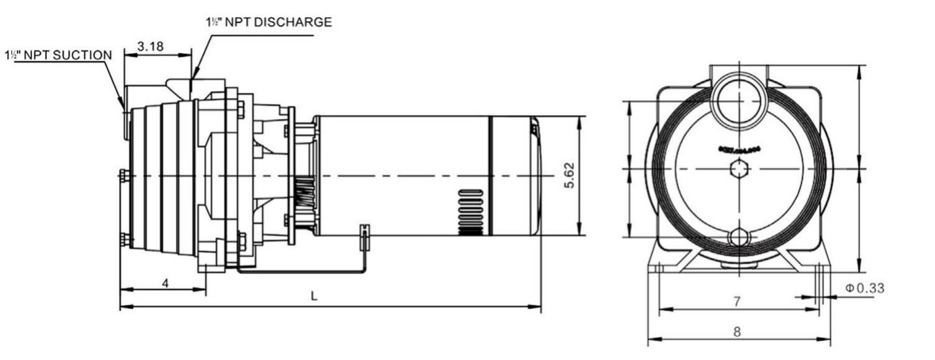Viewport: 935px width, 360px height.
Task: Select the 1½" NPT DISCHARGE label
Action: [x=268, y=22]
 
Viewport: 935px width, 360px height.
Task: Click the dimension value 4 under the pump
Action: [x=165, y=282]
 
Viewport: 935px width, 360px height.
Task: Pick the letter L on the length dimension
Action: [x=314, y=297]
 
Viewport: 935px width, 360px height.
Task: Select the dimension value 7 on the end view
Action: [x=737, y=301]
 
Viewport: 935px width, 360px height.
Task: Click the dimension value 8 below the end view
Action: [x=737, y=331]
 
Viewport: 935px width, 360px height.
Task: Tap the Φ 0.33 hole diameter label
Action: [x=865, y=287]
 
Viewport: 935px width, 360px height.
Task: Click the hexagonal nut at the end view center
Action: [x=739, y=168]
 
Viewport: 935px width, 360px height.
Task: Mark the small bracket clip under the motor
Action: [x=364, y=237]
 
